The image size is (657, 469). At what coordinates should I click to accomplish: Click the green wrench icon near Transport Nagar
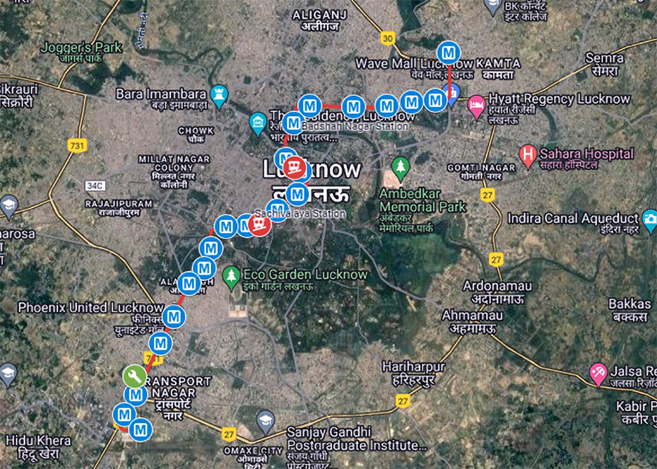coord(134,376)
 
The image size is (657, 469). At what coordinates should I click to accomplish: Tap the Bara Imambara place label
coord(161,94)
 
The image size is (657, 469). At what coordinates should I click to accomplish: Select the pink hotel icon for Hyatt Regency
coord(476,104)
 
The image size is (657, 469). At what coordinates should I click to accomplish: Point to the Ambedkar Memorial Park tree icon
coord(400,167)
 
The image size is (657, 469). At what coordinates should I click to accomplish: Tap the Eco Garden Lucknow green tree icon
coord(230,275)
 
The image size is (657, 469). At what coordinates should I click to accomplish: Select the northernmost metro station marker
coord(448,52)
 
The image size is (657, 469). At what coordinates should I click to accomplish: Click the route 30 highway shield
coord(387,38)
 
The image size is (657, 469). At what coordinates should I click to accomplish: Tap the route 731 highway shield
coord(77,146)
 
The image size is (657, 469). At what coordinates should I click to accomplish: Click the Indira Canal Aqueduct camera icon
coord(650,219)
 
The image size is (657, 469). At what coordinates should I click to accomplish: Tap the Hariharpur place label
coord(413,366)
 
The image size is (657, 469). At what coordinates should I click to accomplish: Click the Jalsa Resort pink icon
coord(597,371)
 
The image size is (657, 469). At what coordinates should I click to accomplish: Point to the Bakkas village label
coord(630,304)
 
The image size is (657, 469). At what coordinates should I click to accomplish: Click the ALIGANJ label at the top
coord(319,15)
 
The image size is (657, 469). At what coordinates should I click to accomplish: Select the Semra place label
coord(604,57)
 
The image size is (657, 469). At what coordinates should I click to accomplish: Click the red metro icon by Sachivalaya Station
coord(260,224)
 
